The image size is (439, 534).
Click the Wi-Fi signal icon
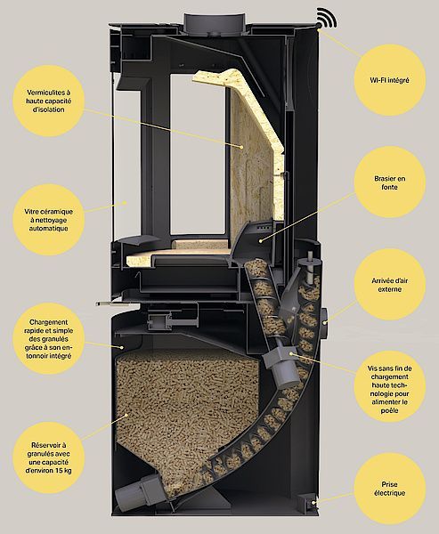tap(327, 18)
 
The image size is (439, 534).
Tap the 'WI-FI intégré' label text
tap(389, 80)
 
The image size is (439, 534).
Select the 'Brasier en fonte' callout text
tap(389, 182)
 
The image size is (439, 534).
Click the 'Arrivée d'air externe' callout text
tap(389, 285)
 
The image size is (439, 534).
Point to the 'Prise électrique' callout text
tap(389, 489)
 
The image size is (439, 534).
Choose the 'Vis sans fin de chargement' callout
tap(389, 389)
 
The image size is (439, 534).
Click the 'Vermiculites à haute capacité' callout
tap(49, 101)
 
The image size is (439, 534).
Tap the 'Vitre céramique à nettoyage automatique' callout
tap(49, 220)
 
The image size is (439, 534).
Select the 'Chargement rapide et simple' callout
tap(49, 339)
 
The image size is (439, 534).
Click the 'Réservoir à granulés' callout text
tap(49, 458)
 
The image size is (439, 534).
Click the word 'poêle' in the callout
tap(389, 410)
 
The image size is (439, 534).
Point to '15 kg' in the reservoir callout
tap(62, 471)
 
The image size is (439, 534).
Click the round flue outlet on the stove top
tap(214, 24)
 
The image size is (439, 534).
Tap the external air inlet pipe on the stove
tap(324, 322)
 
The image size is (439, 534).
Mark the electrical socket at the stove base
tap(307, 501)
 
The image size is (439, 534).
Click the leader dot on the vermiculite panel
tap(241, 147)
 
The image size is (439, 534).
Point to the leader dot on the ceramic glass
tap(125, 203)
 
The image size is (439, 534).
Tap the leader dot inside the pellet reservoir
tap(126, 415)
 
